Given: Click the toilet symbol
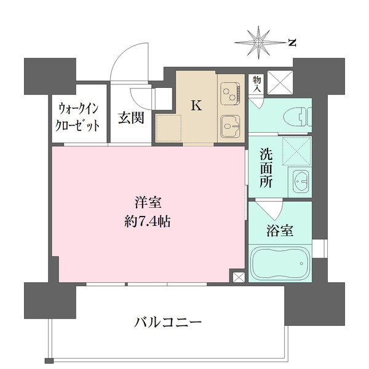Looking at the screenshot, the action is coord(298,117).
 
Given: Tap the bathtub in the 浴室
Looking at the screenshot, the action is coord(280,263).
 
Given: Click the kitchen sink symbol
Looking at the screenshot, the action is coord(230,127).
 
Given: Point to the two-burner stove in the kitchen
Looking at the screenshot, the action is coord(230,94).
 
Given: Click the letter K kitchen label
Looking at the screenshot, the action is coord(196,106).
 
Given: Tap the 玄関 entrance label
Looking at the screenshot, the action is coord(131,117).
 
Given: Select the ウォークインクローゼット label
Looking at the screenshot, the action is coord(78,117).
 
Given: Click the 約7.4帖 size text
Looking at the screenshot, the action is coord(148,221).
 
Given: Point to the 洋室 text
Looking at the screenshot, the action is coord(148,203).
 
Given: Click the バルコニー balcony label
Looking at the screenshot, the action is coord(168,323).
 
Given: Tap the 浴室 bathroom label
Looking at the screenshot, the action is coord(280,231).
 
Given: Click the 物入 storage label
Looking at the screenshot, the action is coord(257,84).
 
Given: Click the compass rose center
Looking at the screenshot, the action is coord(258,42).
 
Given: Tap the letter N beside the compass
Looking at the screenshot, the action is coord(292,43).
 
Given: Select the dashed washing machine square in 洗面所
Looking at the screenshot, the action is coord(297,151).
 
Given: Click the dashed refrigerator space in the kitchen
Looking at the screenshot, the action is coord(169,129).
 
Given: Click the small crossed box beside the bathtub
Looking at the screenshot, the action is coord(239,277).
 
